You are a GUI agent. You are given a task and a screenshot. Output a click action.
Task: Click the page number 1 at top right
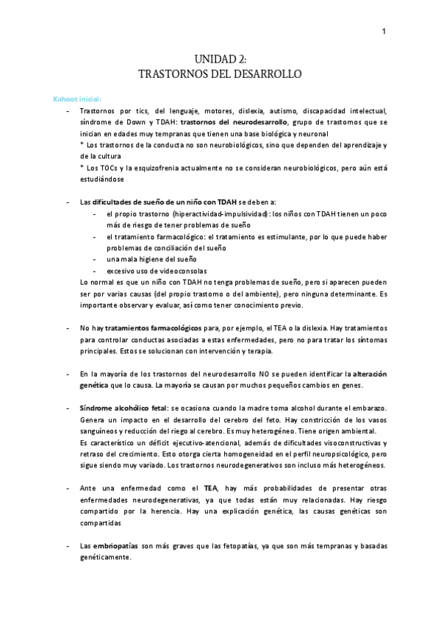click(384, 31)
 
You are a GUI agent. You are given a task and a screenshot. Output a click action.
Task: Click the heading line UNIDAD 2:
click(220, 60)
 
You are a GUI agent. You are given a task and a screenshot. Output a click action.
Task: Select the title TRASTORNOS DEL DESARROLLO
click(220, 74)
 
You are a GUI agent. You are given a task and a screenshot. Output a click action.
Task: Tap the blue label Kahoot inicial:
click(77, 99)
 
